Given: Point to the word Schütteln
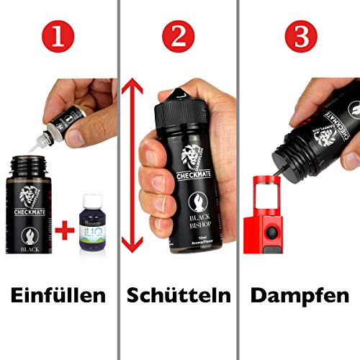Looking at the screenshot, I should click(179, 295).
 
